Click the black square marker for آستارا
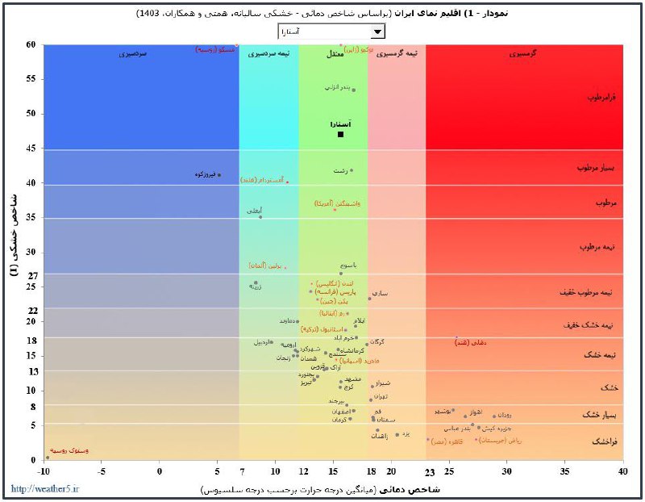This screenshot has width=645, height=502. point(341,134)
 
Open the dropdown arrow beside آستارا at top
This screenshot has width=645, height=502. point(377,31)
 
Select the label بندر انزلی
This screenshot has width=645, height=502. point(338,86)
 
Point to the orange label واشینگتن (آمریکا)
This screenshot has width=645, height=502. point(337,204)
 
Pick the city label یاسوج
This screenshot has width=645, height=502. point(348,265)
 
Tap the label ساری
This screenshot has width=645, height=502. point(378,294)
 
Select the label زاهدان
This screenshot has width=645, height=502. point(379,436)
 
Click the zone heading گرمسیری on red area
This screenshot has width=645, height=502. point(524,53)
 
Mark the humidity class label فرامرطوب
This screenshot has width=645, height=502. point(601,97)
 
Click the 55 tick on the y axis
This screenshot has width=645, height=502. point(30,79)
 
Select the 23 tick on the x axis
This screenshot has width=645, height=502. point(430,471)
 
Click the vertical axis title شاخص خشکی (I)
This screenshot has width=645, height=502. point(14,234)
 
